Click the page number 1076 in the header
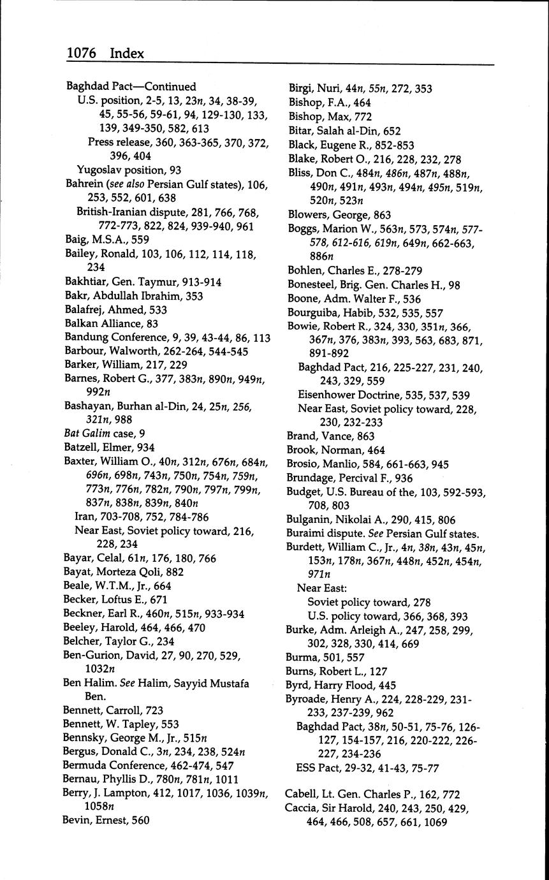82,53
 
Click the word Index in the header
127,53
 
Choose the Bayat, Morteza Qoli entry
111,572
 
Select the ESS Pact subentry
316,768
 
